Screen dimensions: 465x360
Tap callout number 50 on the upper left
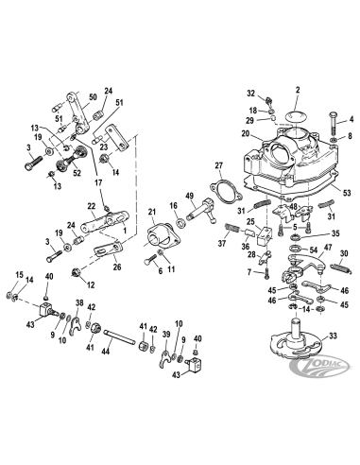[x=93, y=98]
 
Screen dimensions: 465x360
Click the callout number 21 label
[x=152, y=211]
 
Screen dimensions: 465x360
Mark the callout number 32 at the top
[x=250, y=95]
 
